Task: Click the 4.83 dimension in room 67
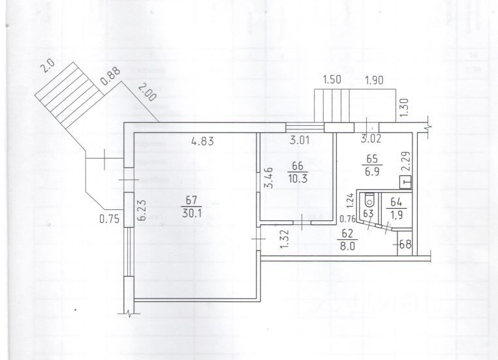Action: coord(203,140)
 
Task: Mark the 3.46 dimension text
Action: coord(268,178)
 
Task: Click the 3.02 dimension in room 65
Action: coord(372,139)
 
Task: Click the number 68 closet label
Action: coord(404,246)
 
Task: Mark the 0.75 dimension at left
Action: coord(108,219)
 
